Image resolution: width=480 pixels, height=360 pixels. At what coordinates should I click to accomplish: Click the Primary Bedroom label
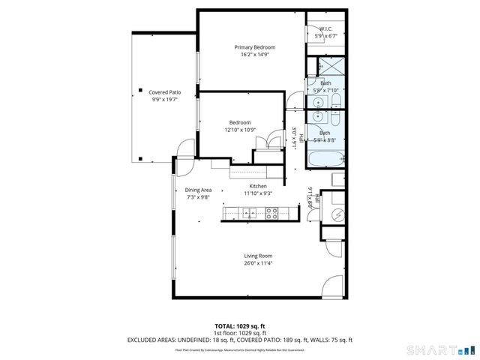[251, 46]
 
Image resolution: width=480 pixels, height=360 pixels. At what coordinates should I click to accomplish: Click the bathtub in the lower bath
[326, 158]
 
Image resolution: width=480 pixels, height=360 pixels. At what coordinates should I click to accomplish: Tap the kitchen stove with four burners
[271, 215]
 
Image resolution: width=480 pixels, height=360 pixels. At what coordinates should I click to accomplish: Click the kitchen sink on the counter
[249, 215]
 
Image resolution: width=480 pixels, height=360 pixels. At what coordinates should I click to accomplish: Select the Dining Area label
[198, 190]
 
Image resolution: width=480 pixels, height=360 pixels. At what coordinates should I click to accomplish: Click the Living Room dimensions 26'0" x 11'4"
[257, 263]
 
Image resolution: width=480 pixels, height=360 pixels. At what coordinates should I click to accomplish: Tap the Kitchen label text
[258, 186]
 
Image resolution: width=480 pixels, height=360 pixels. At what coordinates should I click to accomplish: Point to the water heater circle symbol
[337, 214]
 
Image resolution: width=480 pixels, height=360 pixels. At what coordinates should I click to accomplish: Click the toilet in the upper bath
[335, 100]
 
